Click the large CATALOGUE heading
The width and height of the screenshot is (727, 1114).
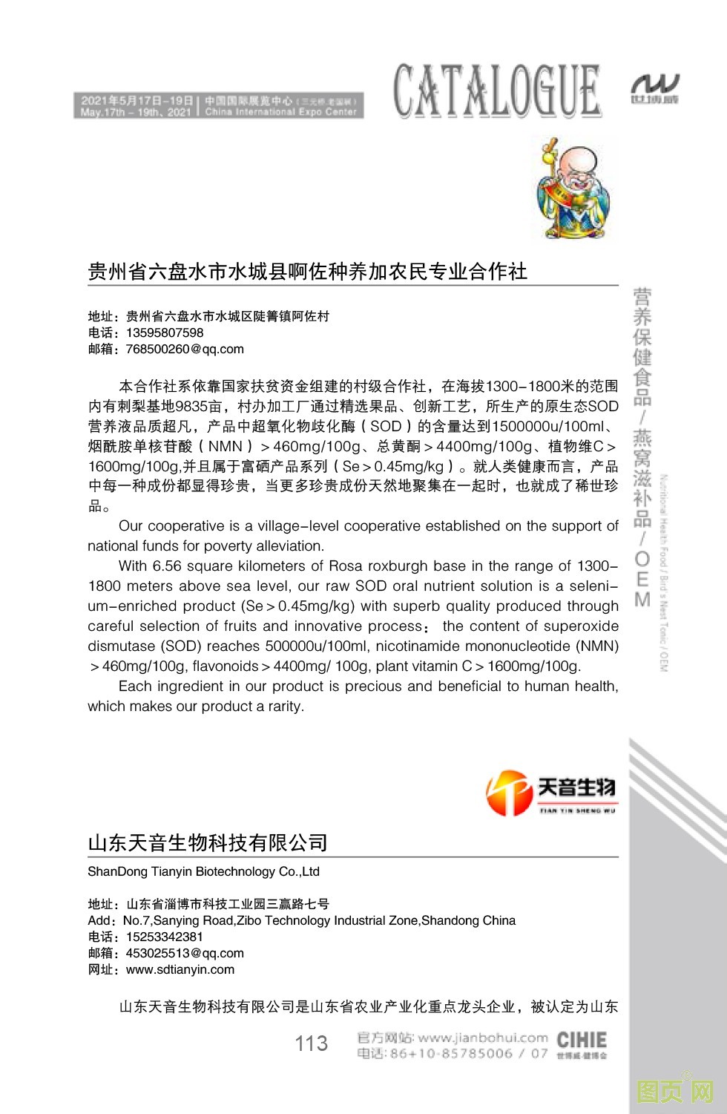(496, 91)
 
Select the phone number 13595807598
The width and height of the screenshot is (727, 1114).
(165, 332)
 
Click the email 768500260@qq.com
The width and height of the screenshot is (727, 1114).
(185, 349)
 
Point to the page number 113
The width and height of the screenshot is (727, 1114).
(311, 1043)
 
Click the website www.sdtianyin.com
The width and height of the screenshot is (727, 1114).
(180, 969)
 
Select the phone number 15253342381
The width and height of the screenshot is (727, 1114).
(165, 937)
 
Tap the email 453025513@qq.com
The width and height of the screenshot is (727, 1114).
(185, 953)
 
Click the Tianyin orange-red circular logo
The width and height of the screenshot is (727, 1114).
(509, 793)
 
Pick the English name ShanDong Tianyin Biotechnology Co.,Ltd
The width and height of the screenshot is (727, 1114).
(203, 871)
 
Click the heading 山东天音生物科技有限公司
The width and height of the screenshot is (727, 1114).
(208, 843)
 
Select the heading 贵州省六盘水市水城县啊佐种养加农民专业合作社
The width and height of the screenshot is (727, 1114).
(307, 272)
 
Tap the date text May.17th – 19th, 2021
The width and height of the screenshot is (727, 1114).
(136, 113)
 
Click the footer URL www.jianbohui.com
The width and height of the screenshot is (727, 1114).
(482, 1038)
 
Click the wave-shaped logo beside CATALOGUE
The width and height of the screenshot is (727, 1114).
(654, 89)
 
